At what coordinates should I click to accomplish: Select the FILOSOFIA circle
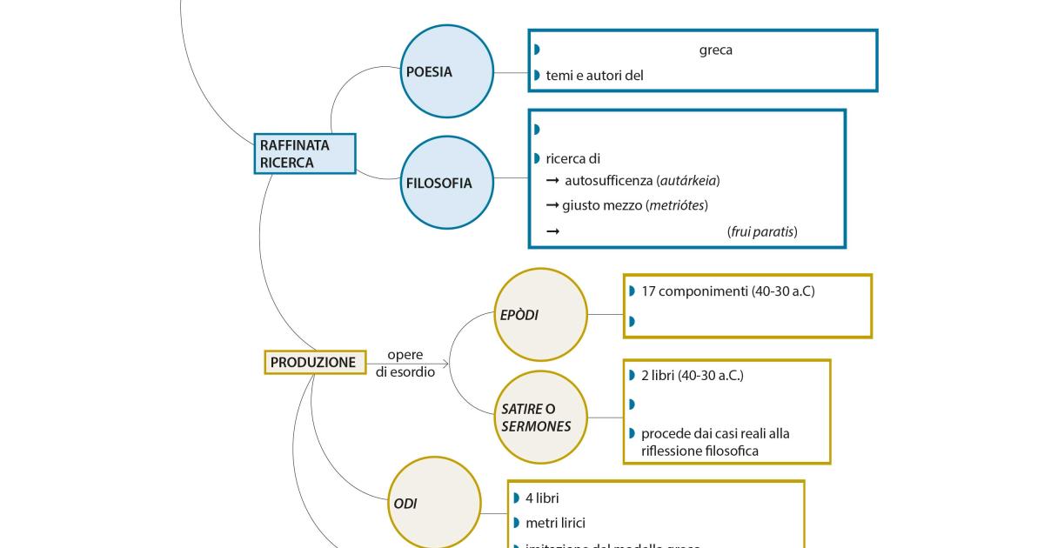click(x=447, y=184)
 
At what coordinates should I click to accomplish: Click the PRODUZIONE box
click(x=314, y=362)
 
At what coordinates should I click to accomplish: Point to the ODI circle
click(x=433, y=503)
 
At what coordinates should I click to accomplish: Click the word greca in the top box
click(x=715, y=50)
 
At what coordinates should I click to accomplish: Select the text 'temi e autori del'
click(x=594, y=76)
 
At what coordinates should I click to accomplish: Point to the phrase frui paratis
click(x=761, y=231)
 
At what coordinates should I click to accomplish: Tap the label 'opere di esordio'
click(x=405, y=364)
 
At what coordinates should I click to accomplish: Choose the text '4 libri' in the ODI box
click(x=542, y=498)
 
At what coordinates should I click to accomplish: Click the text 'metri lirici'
click(x=555, y=523)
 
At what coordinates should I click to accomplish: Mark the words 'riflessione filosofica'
click(x=699, y=451)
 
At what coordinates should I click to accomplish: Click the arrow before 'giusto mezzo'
click(x=552, y=205)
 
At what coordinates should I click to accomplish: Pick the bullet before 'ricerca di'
click(x=537, y=158)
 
